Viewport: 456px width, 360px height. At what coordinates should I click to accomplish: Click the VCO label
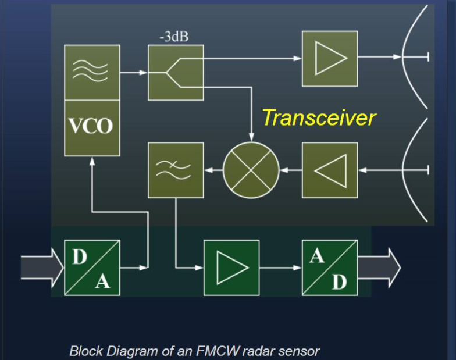(x=92, y=127)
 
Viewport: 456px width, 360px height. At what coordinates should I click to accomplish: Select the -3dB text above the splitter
(x=174, y=37)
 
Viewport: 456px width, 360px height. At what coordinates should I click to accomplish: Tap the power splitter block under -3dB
(x=176, y=73)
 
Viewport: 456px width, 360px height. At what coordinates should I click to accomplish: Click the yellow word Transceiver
(x=318, y=118)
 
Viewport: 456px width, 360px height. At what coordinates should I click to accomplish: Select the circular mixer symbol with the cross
(x=251, y=170)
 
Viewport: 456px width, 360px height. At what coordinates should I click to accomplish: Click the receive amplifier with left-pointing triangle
(x=329, y=170)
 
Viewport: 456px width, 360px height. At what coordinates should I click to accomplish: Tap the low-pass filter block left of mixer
(x=176, y=170)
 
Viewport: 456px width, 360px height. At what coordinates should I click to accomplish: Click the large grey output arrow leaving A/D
(x=382, y=268)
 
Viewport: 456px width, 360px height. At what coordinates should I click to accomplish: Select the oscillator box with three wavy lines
(x=92, y=72)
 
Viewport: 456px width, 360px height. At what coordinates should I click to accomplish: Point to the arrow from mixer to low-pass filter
(x=213, y=170)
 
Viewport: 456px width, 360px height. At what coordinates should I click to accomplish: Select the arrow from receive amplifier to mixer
(x=291, y=170)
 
